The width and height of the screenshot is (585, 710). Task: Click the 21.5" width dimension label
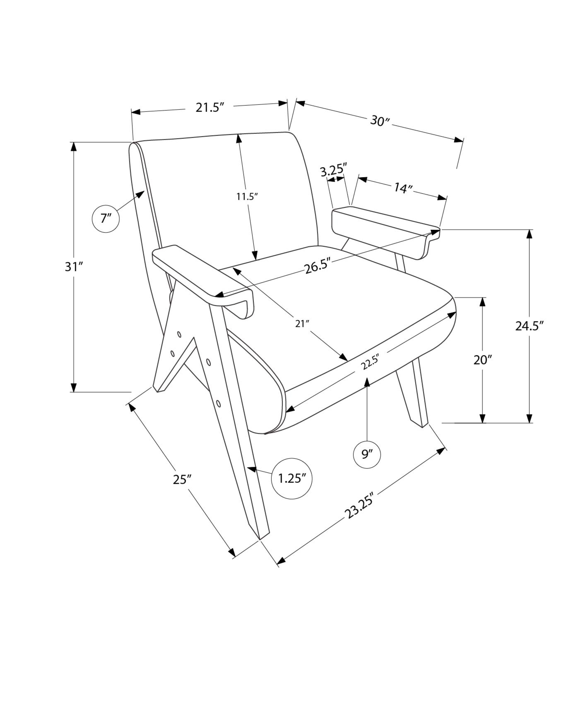211,107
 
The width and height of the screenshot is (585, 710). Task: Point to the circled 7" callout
106,219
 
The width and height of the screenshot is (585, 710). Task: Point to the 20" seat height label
482,360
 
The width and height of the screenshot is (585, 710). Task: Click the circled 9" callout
367,454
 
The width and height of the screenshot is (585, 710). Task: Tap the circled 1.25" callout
292,479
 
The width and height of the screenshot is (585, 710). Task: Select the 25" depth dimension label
182,480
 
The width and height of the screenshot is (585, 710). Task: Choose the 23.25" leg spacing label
359,506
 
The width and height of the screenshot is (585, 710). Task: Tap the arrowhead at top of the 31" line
73,146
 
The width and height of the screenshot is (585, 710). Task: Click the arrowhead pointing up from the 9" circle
367,382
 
